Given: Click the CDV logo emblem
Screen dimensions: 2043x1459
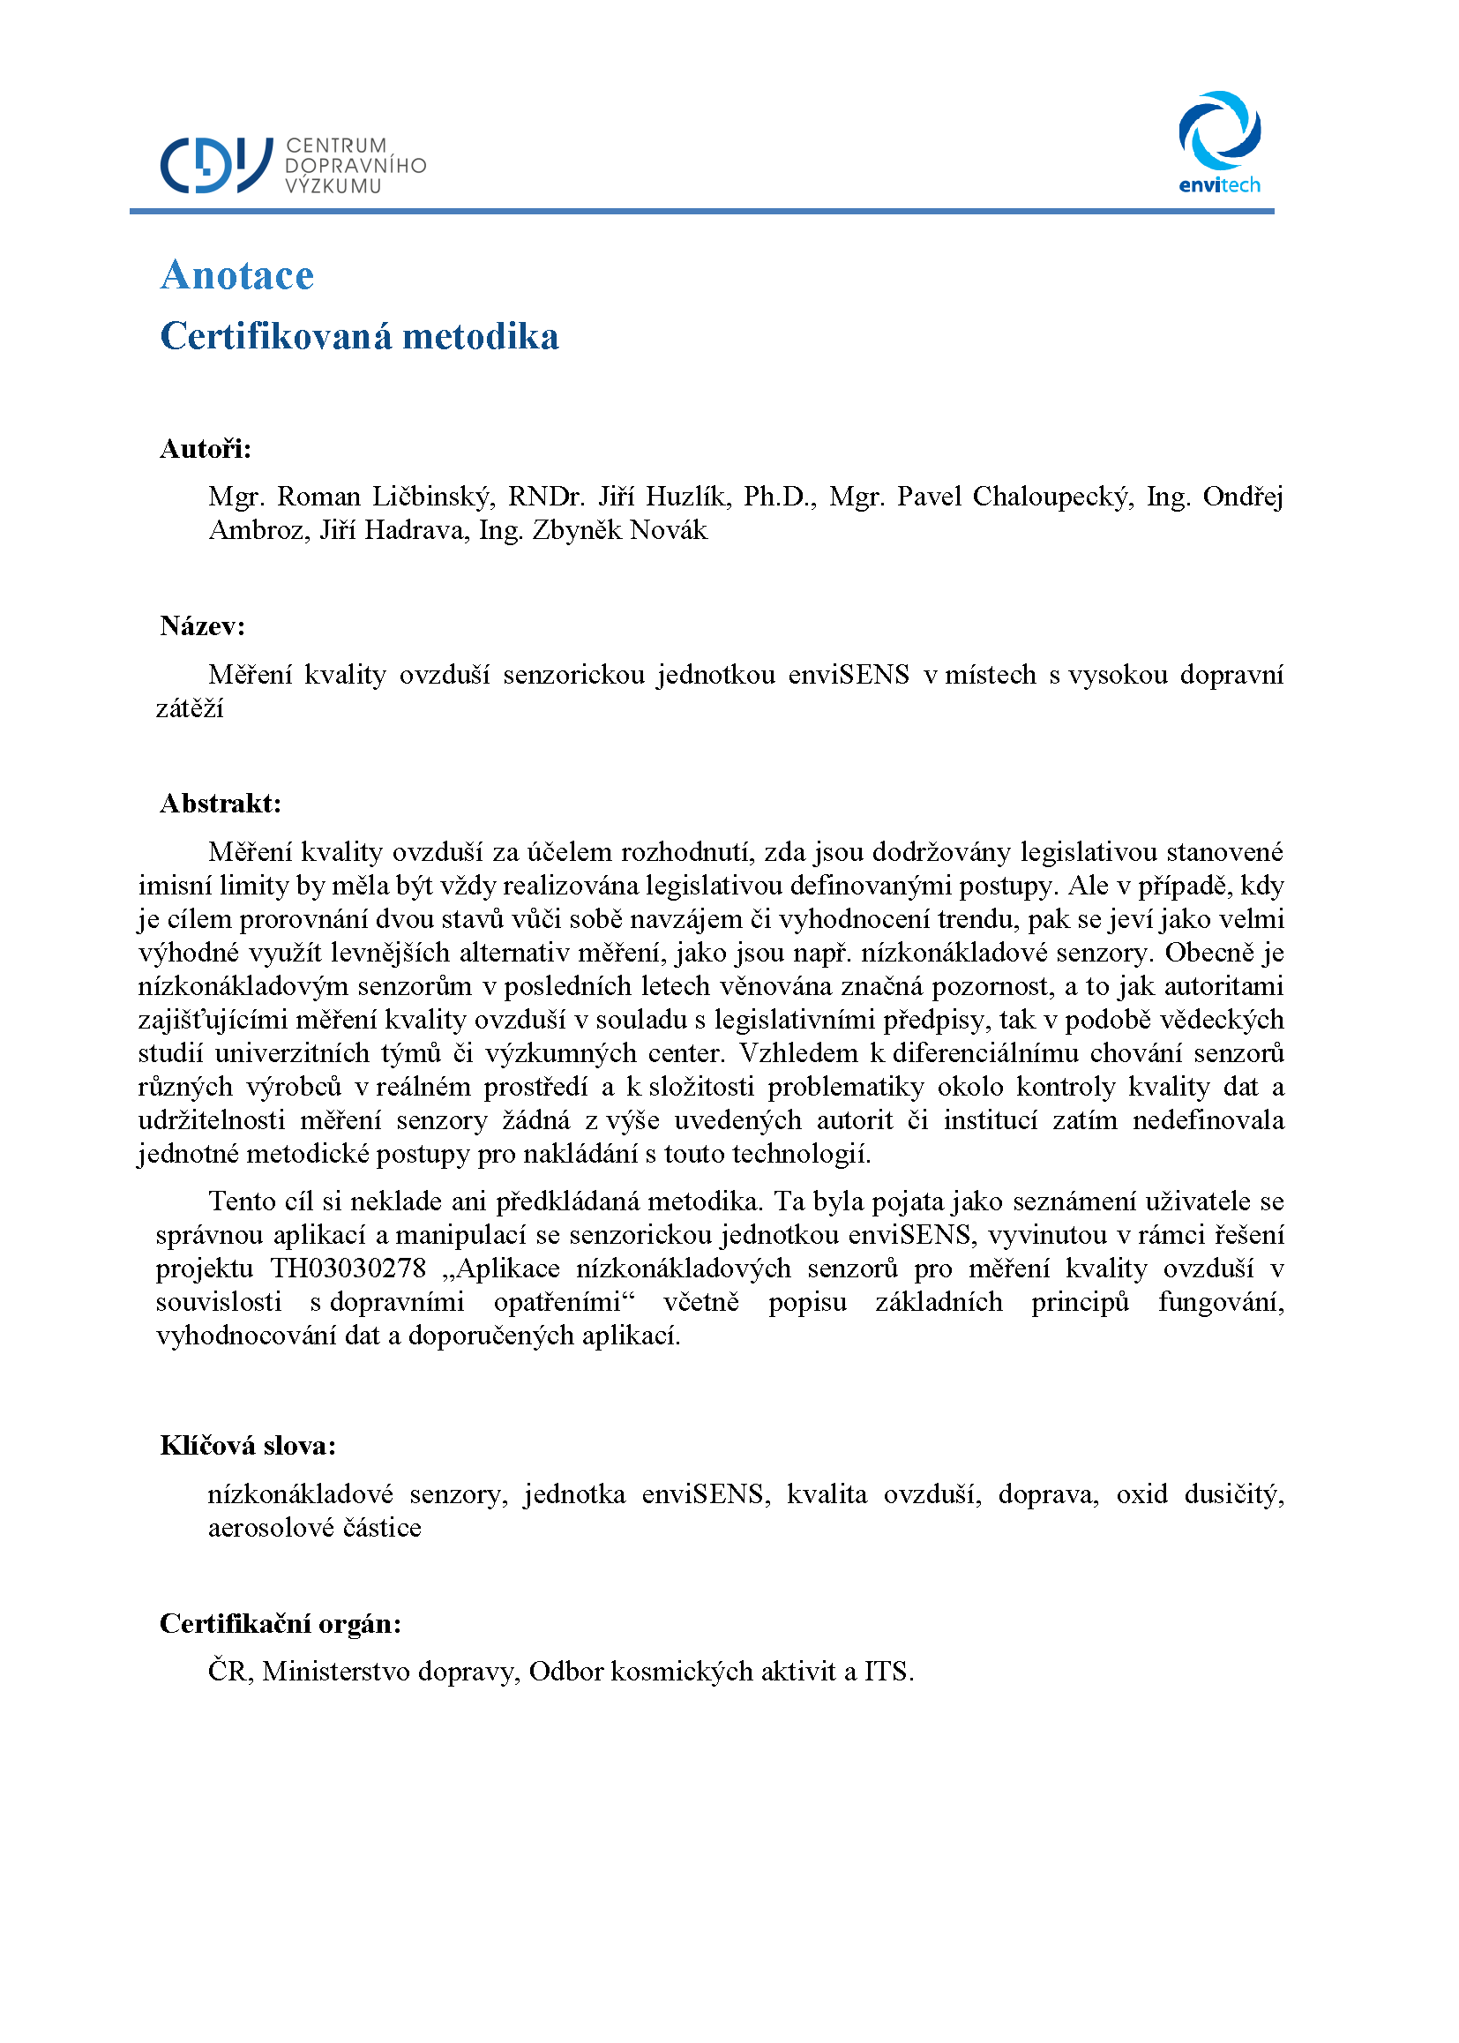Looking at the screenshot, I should coord(215,165).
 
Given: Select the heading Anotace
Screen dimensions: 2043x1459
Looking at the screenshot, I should coord(237,275).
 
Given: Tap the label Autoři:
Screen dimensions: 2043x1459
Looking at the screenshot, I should coord(206,448).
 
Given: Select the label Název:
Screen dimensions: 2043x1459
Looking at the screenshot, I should coord(202,625).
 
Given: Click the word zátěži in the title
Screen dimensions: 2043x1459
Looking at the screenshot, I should coord(190,708).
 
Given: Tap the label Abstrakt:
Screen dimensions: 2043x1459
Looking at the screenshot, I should coord(221,804).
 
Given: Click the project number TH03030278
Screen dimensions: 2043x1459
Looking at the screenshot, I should coord(348,1268).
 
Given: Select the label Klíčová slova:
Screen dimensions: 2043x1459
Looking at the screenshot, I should coord(248,1445).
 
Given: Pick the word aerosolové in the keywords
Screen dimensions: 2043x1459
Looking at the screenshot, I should coord(270,1527).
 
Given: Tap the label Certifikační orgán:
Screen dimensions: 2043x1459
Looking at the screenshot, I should coord(281,1622).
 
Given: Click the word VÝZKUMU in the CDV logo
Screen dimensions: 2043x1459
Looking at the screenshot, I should coord(333,186).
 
